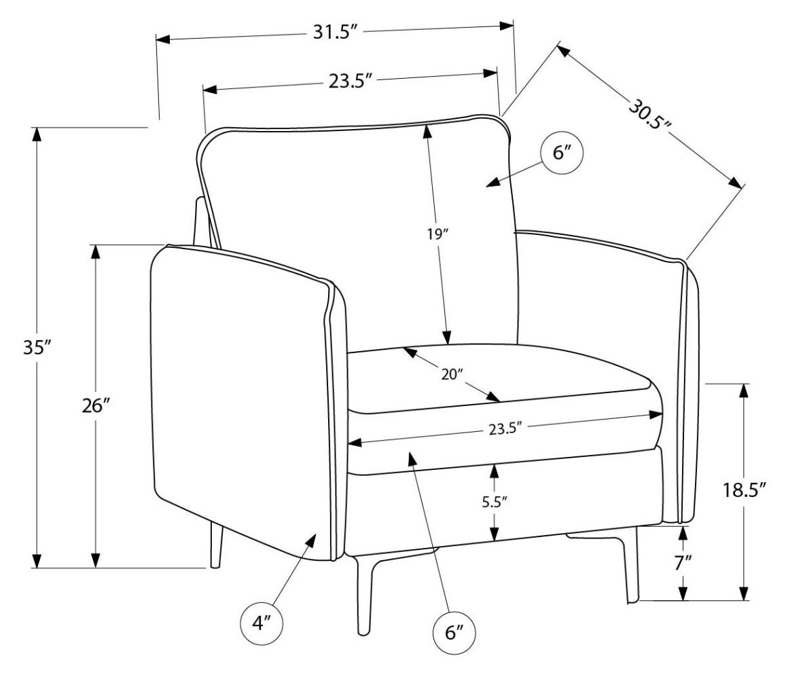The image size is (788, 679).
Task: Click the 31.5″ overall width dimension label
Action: [x=336, y=33]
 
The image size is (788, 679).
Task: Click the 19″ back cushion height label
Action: [x=435, y=235]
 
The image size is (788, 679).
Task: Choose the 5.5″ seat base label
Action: [x=495, y=502]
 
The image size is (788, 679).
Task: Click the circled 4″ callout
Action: [x=262, y=623]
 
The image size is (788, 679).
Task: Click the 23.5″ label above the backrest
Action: [x=351, y=81]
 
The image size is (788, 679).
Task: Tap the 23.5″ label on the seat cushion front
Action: [x=505, y=428]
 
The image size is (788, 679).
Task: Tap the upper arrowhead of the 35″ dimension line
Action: [x=36, y=133]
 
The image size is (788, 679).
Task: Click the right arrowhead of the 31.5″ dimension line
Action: [x=507, y=26]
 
